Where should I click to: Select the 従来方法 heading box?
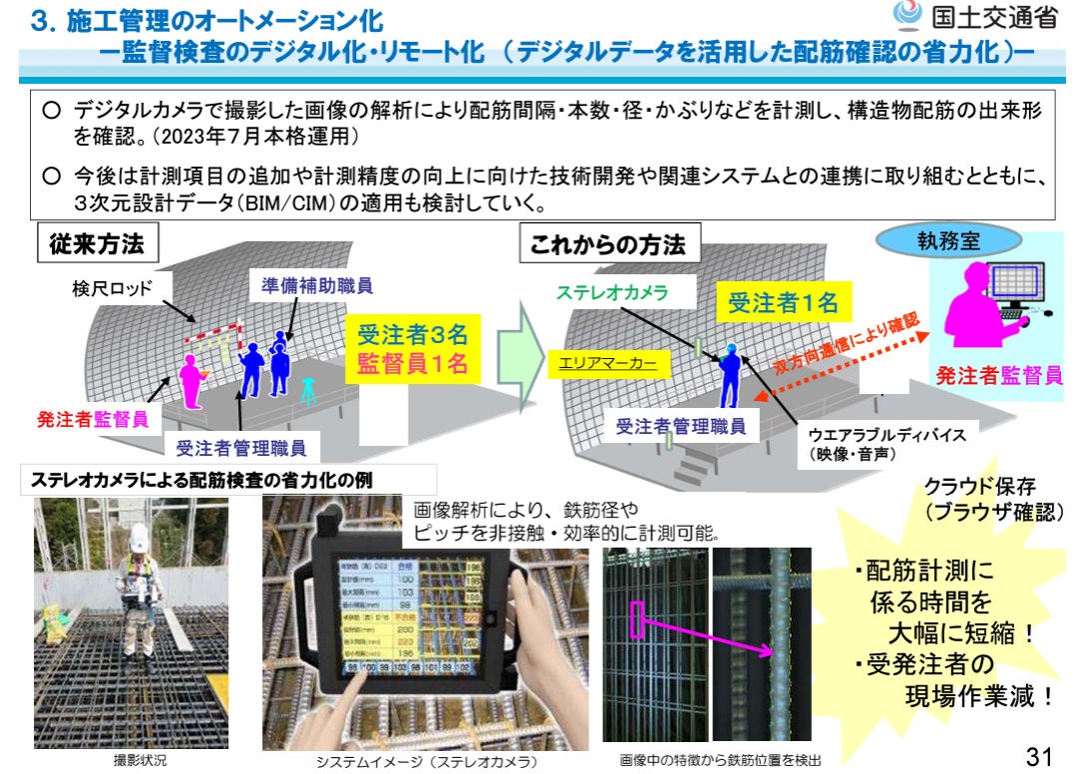click(97, 243)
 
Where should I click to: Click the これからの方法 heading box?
click(608, 244)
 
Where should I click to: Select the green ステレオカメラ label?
click(611, 292)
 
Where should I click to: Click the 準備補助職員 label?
click(310, 285)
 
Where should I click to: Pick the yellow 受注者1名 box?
click(783, 303)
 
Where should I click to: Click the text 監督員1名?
click(413, 364)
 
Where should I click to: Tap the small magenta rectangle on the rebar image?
click(637, 619)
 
